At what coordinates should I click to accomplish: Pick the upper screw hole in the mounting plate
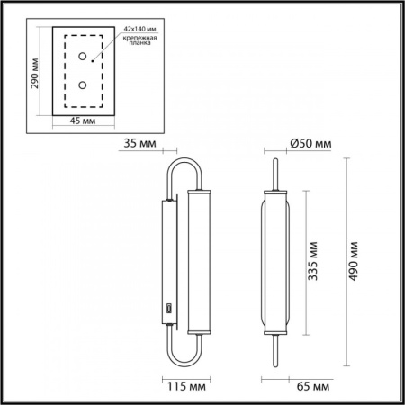83,58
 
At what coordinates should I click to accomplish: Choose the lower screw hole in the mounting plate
83,85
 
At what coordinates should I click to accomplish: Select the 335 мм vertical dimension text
314,261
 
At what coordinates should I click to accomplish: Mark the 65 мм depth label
310,385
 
